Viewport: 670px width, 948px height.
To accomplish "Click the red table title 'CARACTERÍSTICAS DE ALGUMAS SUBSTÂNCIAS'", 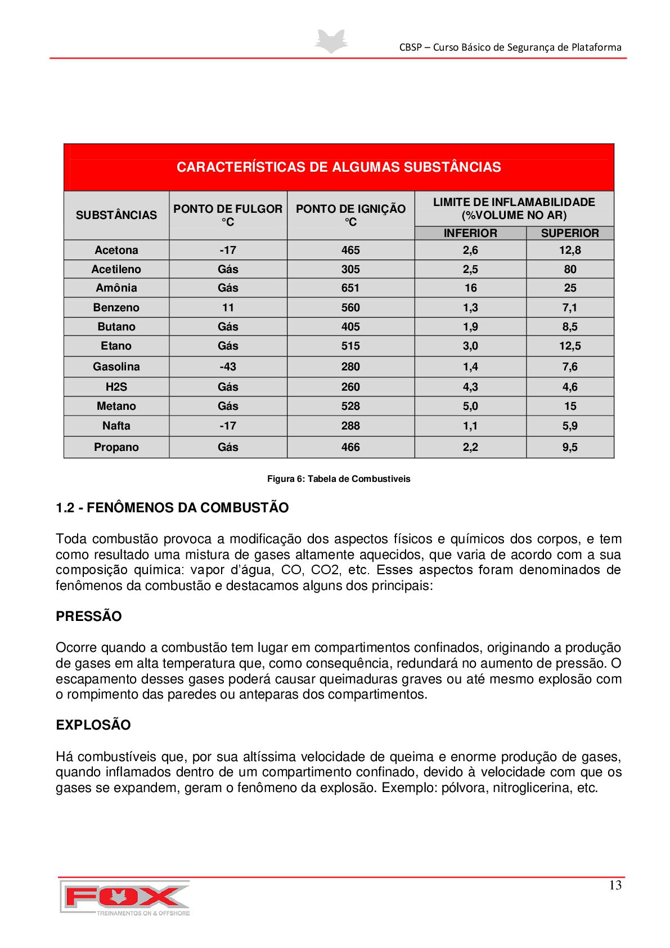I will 339,167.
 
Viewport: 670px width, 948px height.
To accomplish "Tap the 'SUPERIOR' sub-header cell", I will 570,233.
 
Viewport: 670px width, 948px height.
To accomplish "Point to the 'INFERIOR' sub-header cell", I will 470,233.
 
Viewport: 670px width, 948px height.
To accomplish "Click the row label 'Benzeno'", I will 116,307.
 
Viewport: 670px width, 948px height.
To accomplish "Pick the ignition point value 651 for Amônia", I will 350,288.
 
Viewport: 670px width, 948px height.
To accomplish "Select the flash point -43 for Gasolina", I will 228,366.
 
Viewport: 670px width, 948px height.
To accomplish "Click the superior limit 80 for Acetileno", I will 570,269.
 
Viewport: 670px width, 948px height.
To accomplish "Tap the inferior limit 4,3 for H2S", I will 470,387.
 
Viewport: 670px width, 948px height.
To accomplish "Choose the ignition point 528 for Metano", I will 350,406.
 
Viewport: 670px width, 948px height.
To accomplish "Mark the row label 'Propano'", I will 116,447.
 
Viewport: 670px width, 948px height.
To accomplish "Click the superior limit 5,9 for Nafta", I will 570,426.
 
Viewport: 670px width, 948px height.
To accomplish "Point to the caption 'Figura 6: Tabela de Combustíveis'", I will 339,479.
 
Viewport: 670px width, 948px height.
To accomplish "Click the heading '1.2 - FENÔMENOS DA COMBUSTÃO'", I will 172,508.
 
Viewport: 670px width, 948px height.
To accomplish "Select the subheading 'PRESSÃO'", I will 89,616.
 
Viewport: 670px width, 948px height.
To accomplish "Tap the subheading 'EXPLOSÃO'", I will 93,725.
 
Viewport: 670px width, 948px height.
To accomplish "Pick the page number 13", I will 615,886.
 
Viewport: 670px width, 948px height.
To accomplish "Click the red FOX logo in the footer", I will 125,897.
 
